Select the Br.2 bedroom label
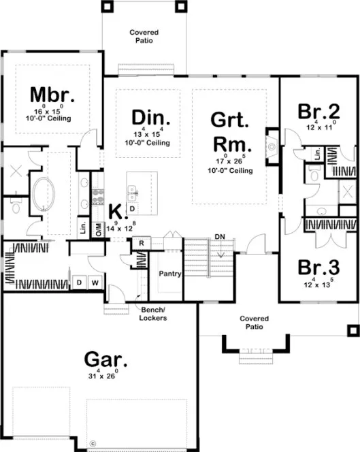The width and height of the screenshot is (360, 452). [x=318, y=110]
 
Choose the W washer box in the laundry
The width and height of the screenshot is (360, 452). [x=95, y=281]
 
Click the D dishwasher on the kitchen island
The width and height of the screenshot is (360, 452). [x=132, y=208]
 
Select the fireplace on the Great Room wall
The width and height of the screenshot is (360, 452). [x=272, y=146]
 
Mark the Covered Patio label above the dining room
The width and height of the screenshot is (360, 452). [x=142, y=36]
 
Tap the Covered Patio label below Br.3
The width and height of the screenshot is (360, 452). [x=254, y=323]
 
